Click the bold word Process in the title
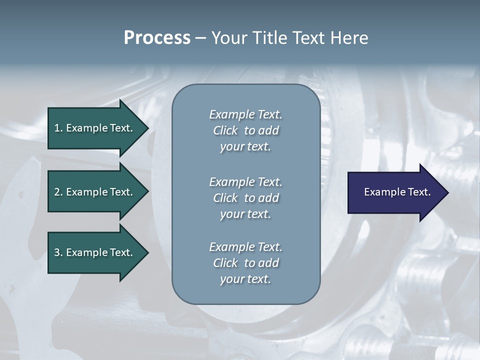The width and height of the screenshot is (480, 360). (x=157, y=38)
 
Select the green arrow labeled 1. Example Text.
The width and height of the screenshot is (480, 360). (x=93, y=128)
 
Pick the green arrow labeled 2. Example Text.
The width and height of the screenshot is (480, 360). (x=93, y=192)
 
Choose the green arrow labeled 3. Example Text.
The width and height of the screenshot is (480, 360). (x=93, y=252)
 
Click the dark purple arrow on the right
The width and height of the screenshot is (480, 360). (x=395, y=192)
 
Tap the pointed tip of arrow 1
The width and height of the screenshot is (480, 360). (x=147, y=128)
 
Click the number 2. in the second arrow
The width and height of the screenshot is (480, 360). (x=58, y=192)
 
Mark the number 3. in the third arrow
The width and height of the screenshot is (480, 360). (x=58, y=252)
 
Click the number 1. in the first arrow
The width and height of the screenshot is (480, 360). (x=58, y=128)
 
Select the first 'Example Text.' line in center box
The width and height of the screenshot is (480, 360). (x=245, y=114)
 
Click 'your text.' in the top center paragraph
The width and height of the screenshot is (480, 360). (x=245, y=147)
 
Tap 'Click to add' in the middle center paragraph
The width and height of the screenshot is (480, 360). (x=245, y=198)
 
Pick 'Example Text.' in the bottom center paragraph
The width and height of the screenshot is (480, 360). (x=245, y=247)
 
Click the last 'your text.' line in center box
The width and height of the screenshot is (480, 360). (x=245, y=279)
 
